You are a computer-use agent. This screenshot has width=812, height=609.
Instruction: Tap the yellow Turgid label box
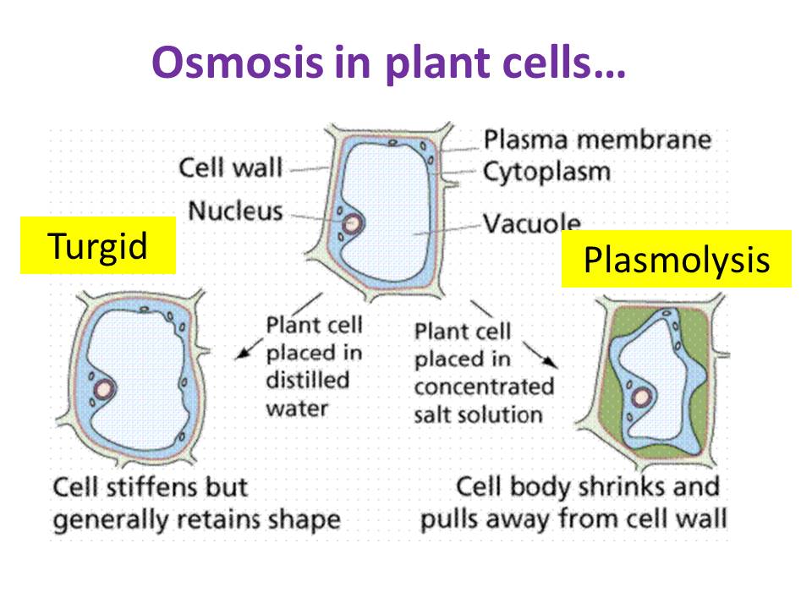tap(98, 245)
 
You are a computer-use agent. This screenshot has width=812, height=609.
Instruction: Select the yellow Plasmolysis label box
tap(677, 259)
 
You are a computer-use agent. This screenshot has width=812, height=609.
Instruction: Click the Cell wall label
tap(230, 167)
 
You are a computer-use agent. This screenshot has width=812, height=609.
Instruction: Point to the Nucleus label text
tap(236, 211)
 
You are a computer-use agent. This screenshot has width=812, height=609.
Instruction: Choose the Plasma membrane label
tap(598, 140)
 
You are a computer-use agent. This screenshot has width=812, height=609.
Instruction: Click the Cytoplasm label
tap(547, 173)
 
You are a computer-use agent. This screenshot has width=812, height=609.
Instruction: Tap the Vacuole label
tap(532, 222)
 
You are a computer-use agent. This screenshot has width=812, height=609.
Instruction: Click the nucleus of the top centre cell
tap(352, 223)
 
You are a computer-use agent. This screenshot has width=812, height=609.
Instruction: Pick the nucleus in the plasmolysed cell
tap(642, 398)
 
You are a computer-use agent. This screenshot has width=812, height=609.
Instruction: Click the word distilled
tap(308, 380)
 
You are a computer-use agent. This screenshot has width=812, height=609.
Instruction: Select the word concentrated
tap(484, 387)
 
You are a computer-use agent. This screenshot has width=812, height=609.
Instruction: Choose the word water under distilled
tap(297, 409)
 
